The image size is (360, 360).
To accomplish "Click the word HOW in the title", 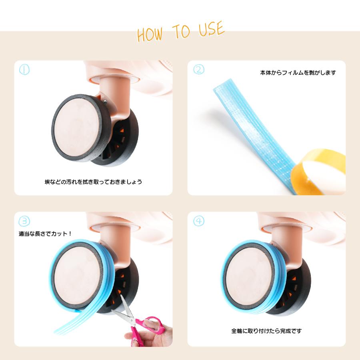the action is pyautogui.click(x=150, y=34).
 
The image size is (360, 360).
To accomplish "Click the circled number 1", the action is pyautogui.click(x=24, y=69).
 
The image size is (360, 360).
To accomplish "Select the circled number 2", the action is pyautogui.click(x=198, y=69).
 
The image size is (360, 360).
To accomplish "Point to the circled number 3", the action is pyautogui.click(x=24, y=221).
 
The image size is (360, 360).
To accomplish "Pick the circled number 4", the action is pyautogui.click(x=198, y=221).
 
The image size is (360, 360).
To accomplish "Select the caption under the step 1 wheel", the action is pyautogui.click(x=93, y=182).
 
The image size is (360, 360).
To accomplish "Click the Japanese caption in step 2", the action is pyautogui.click(x=298, y=73).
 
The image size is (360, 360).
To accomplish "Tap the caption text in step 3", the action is pyautogui.click(x=45, y=234).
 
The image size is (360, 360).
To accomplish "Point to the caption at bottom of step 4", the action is pyautogui.click(x=266, y=331).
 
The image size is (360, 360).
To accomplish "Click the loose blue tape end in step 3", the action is pyautogui.click(x=69, y=322).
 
